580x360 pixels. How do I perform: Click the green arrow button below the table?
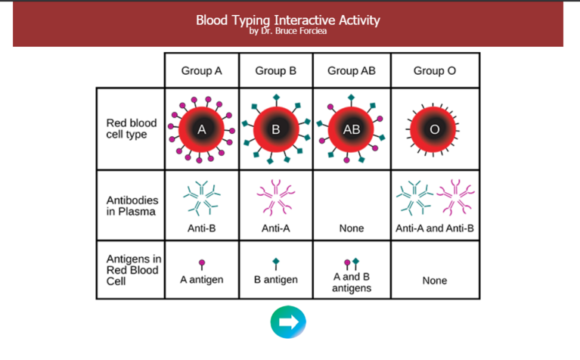tap(288, 322)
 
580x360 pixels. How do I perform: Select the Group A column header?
tap(202, 70)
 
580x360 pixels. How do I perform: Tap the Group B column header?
tap(276, 70)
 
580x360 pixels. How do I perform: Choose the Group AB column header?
tap(352, 70)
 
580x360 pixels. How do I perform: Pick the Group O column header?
tap(435, 70)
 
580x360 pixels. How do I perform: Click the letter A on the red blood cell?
tap(202, 129)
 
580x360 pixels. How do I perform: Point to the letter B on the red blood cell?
tap(276, 129)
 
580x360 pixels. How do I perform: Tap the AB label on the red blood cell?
tap(352, 129)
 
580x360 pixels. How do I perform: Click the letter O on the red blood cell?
tap(435, 129)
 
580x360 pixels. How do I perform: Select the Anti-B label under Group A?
tap(202, 228)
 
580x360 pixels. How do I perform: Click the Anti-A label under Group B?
tap(276, 228)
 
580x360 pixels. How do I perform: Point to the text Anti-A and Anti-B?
tap(435, 228)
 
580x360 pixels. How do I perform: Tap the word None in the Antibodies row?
tap(352, 228)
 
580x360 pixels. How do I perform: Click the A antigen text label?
tap(202, 280)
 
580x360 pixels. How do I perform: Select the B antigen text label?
tap(276, 280)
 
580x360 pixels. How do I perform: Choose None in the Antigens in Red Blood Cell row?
tap(435, 281)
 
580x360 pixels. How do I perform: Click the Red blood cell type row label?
tap(132, 129)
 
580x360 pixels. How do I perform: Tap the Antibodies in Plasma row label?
tap(132, 206)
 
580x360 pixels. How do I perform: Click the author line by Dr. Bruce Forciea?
tap(288, 31)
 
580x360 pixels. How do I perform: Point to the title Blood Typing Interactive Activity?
tap(288, 20)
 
